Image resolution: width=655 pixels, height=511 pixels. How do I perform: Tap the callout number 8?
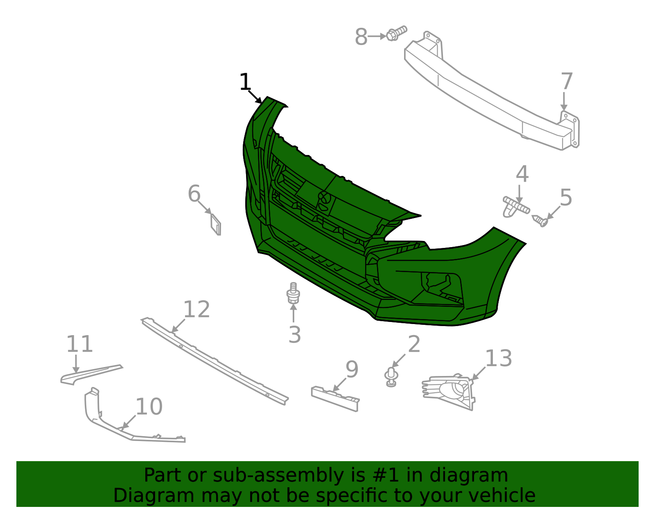[x=361, y=37]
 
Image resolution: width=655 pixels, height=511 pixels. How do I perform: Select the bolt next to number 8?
[x=396, y=33]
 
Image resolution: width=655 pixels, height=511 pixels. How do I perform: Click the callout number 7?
[x=567, y=81]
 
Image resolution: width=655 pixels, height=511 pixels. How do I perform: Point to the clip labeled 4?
[x=515, y=207]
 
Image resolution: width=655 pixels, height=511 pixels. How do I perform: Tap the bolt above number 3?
[x=293, y=293]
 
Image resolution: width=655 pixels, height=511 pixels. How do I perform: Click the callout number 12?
[x=196, y=309]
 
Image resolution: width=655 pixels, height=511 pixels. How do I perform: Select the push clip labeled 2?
[x=392, y=377]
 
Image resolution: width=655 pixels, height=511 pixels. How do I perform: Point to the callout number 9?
[x=352, y=369]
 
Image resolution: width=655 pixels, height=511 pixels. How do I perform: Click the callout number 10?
[x=149, y=407]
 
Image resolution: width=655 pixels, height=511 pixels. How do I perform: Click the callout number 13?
[x=498, y=358]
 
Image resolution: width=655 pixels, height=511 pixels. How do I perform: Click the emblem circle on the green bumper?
[x=325, y=199]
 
